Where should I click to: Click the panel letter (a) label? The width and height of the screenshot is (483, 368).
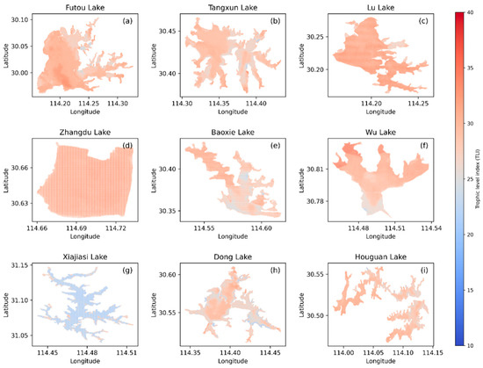[127, 20]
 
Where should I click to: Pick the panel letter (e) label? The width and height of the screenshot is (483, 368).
[278, 142]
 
